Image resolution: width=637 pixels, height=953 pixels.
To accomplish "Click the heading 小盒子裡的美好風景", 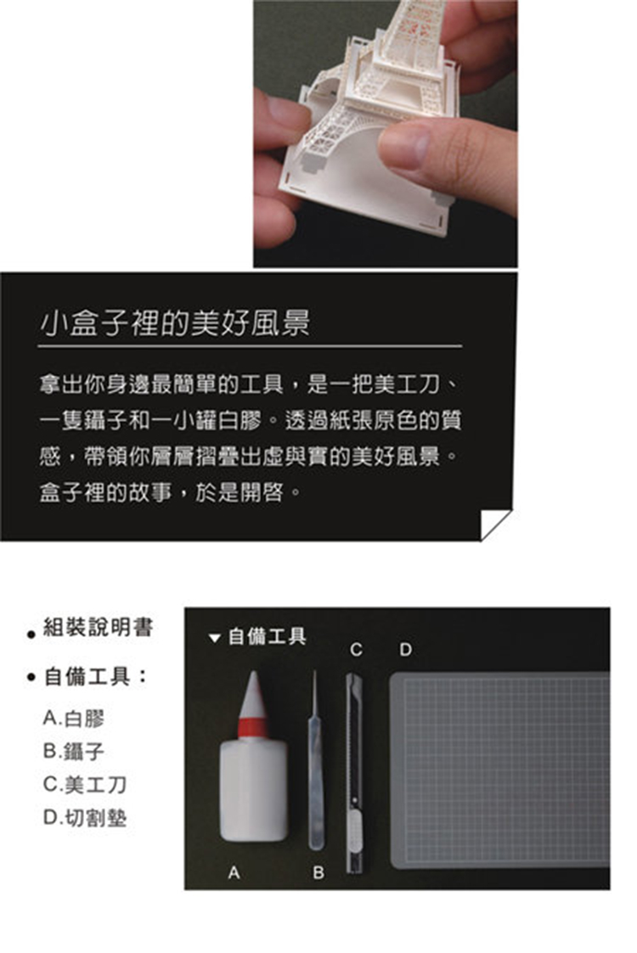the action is click(x=175, y=322).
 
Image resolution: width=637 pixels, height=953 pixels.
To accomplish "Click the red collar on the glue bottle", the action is click(x=252, y=727).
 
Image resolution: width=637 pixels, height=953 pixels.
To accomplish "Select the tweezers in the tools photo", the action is click(x=314, y=760).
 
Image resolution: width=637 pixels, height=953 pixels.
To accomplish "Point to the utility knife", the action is click(x=353, y=772).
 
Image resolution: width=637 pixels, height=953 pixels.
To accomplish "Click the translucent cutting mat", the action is click(x=499, y=769).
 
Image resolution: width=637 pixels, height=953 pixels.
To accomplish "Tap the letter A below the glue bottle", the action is click(x=234, y=872).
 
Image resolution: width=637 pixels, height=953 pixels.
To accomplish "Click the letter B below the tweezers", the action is click(x=318, y=872).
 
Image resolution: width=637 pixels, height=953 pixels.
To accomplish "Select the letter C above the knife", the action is click(x=357, y=650).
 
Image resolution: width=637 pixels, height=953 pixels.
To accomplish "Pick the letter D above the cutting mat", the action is click(x=406, y=650).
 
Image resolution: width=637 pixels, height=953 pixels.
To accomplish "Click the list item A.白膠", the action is click(x=74, y=719).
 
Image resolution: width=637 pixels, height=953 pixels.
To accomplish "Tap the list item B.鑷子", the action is click(x=74, y=751).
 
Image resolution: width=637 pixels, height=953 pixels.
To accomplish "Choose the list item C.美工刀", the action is click(x=85, y=784).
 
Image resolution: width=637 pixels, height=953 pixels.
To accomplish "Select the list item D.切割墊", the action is click(x=85, y=817).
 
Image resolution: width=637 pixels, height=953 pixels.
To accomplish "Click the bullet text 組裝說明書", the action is click(x=98, y=626).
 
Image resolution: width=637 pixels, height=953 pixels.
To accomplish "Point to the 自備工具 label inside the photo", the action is click(x=267, y=636).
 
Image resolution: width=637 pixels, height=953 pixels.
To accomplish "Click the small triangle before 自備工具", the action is click(x=213, y=637).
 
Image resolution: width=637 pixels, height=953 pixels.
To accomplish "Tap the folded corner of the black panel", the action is click(x=495, y=524).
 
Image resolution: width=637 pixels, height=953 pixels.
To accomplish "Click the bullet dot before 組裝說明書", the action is click(x=31, y=635).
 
